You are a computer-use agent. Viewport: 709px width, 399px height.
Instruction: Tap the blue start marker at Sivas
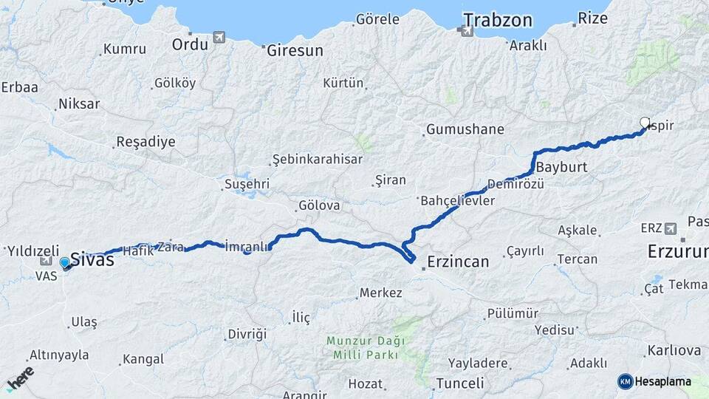[65, 262]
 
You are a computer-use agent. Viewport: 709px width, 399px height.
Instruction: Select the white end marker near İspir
[645, 123]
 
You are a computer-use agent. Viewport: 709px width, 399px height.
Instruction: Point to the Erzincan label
[459, 262]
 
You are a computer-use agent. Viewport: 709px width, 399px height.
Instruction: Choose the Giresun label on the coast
[295, 51]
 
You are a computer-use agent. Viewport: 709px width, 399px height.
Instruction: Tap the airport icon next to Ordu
[219, 37]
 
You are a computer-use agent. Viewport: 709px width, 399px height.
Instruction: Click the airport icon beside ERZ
[671, 228]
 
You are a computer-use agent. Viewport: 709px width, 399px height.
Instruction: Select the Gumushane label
[466, 129]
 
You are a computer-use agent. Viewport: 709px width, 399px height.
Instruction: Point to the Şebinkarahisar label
[318, 159]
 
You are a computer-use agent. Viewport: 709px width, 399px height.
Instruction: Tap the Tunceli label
[460, 383]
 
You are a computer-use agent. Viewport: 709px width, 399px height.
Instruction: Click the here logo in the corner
[20, 379]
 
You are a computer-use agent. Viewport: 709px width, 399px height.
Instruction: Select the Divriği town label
[247, 334]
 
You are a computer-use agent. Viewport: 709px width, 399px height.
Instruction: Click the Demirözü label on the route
[516, 183]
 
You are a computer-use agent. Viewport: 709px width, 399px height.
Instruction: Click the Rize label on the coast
[592, 18]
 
